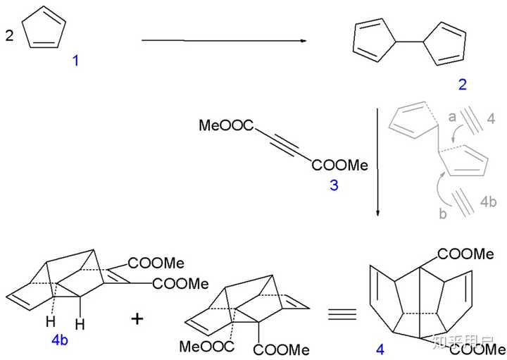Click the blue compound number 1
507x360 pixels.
pyautogui.click(x=75, y=61)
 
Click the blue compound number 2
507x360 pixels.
pyautogui.click(x=462, y=85)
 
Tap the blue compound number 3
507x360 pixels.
pyautogui.click(x=334, y=186)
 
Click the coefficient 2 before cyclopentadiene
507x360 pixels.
pyautogui.click(x=9, y=35)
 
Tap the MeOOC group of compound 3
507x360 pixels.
pyautogui.click(x=224, y=126)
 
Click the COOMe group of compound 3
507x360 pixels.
pyautogui.click(x=341, y=165)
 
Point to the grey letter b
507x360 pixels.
pyautogui.click(x=443, y=213)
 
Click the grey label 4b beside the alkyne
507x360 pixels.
pyautogui.click(x=488, y=201)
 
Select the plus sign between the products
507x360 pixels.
pyautogui.click(x=137, y=318)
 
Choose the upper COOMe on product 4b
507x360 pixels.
pyautogui.click(x=156, y=262)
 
